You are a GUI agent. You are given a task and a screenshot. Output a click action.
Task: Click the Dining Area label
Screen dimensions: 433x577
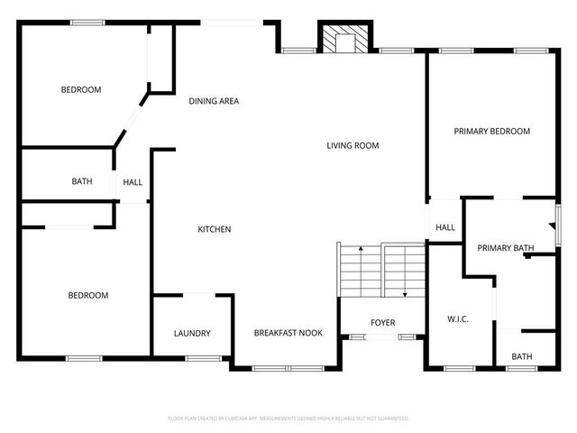pyautogui.click(x=214, y=101)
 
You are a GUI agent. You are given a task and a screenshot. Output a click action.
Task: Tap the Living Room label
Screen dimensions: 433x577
pyautogui.click(x=353, y=145)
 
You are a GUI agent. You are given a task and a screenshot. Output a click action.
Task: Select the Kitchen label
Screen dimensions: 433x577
pyautogui.click(x=215, y=229)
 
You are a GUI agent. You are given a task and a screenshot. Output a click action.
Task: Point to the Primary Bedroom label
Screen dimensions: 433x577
pyautogui.click(x=491, y=132)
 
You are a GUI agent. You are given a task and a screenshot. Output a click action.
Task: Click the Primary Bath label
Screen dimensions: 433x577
pyautogui.click(x=506, y=248)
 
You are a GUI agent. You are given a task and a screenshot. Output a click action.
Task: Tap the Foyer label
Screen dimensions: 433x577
pyautogui.click(x=383, y=323)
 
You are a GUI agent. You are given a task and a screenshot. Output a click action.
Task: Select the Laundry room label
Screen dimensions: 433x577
pyautogui.click(x=192, y=334)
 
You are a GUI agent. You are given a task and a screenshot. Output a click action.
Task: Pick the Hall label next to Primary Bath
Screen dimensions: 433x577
pyautogui.click(x=445, y=228)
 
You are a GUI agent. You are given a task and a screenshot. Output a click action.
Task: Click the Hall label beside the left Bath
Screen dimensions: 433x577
pyautogui.click(x=133, y=182)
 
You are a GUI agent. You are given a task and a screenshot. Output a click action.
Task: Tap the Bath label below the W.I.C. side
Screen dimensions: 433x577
pyautogui.click(x=522, y=357)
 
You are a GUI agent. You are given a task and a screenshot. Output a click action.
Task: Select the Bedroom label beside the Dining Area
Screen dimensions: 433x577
pyautogui.click(x=81, y=89)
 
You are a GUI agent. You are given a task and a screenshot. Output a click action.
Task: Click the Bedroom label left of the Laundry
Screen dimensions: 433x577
pyautogui.click(x=88, y=295)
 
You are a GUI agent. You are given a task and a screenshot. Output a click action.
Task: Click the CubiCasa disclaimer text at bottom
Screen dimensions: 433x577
pyautogui.click(x=288, y=419)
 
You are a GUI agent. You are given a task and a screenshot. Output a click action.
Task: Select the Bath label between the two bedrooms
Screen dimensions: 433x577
pyautogui.click(x=82, y=182)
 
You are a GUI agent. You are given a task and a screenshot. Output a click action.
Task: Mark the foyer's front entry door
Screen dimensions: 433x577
pyautogui.click(x=382, y=337)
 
